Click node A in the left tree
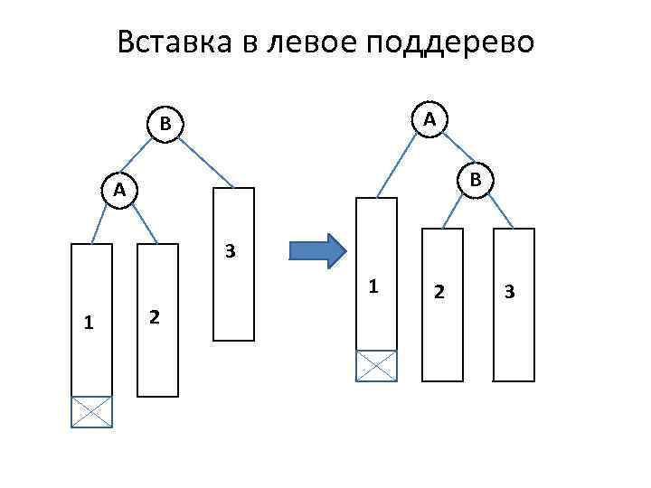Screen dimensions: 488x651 pos(118,189)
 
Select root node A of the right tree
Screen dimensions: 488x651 pos(430,118)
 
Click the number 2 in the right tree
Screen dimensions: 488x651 pos(439,291)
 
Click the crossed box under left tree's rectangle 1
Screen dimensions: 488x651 pos(92,411)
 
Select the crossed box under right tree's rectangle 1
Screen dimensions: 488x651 pos(376,365)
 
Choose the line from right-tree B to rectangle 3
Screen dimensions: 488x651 pos(499,210)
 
